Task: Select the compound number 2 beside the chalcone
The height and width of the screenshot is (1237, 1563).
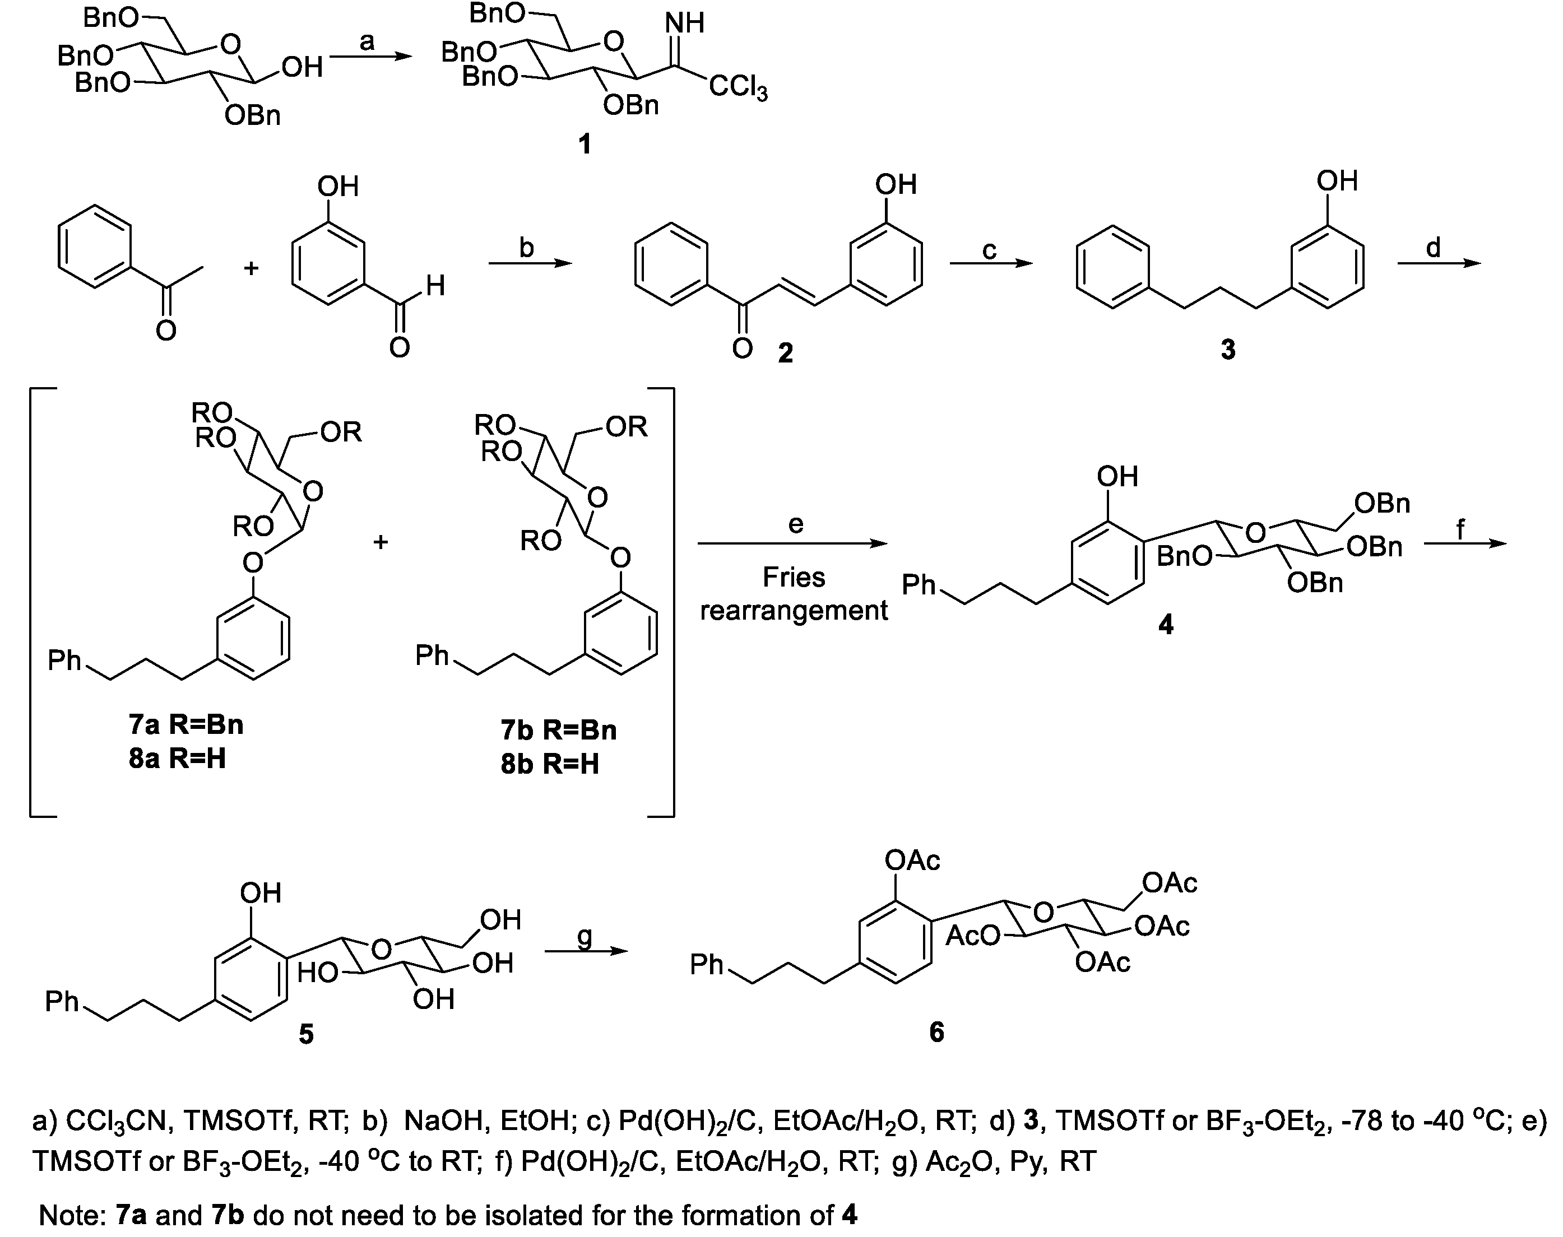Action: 785,353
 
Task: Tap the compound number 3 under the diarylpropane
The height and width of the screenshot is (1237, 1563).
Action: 1228,350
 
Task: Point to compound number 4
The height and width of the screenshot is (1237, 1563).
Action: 1165,624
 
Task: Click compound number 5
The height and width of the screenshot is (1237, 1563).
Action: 307,1034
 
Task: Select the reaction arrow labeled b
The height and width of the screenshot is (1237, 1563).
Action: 530,264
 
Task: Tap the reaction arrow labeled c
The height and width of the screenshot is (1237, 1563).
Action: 991,264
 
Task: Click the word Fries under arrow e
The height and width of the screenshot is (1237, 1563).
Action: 794,577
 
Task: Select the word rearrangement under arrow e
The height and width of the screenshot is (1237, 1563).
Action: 794,611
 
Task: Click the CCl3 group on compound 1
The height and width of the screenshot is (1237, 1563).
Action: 738,89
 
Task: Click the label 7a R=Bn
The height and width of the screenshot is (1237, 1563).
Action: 186,724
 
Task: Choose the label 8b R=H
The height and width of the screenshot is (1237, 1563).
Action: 550,764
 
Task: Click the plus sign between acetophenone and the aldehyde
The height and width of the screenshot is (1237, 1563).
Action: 251,268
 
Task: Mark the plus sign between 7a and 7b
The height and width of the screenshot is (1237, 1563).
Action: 381,542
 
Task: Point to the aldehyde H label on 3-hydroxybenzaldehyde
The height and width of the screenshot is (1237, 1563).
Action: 435,286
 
